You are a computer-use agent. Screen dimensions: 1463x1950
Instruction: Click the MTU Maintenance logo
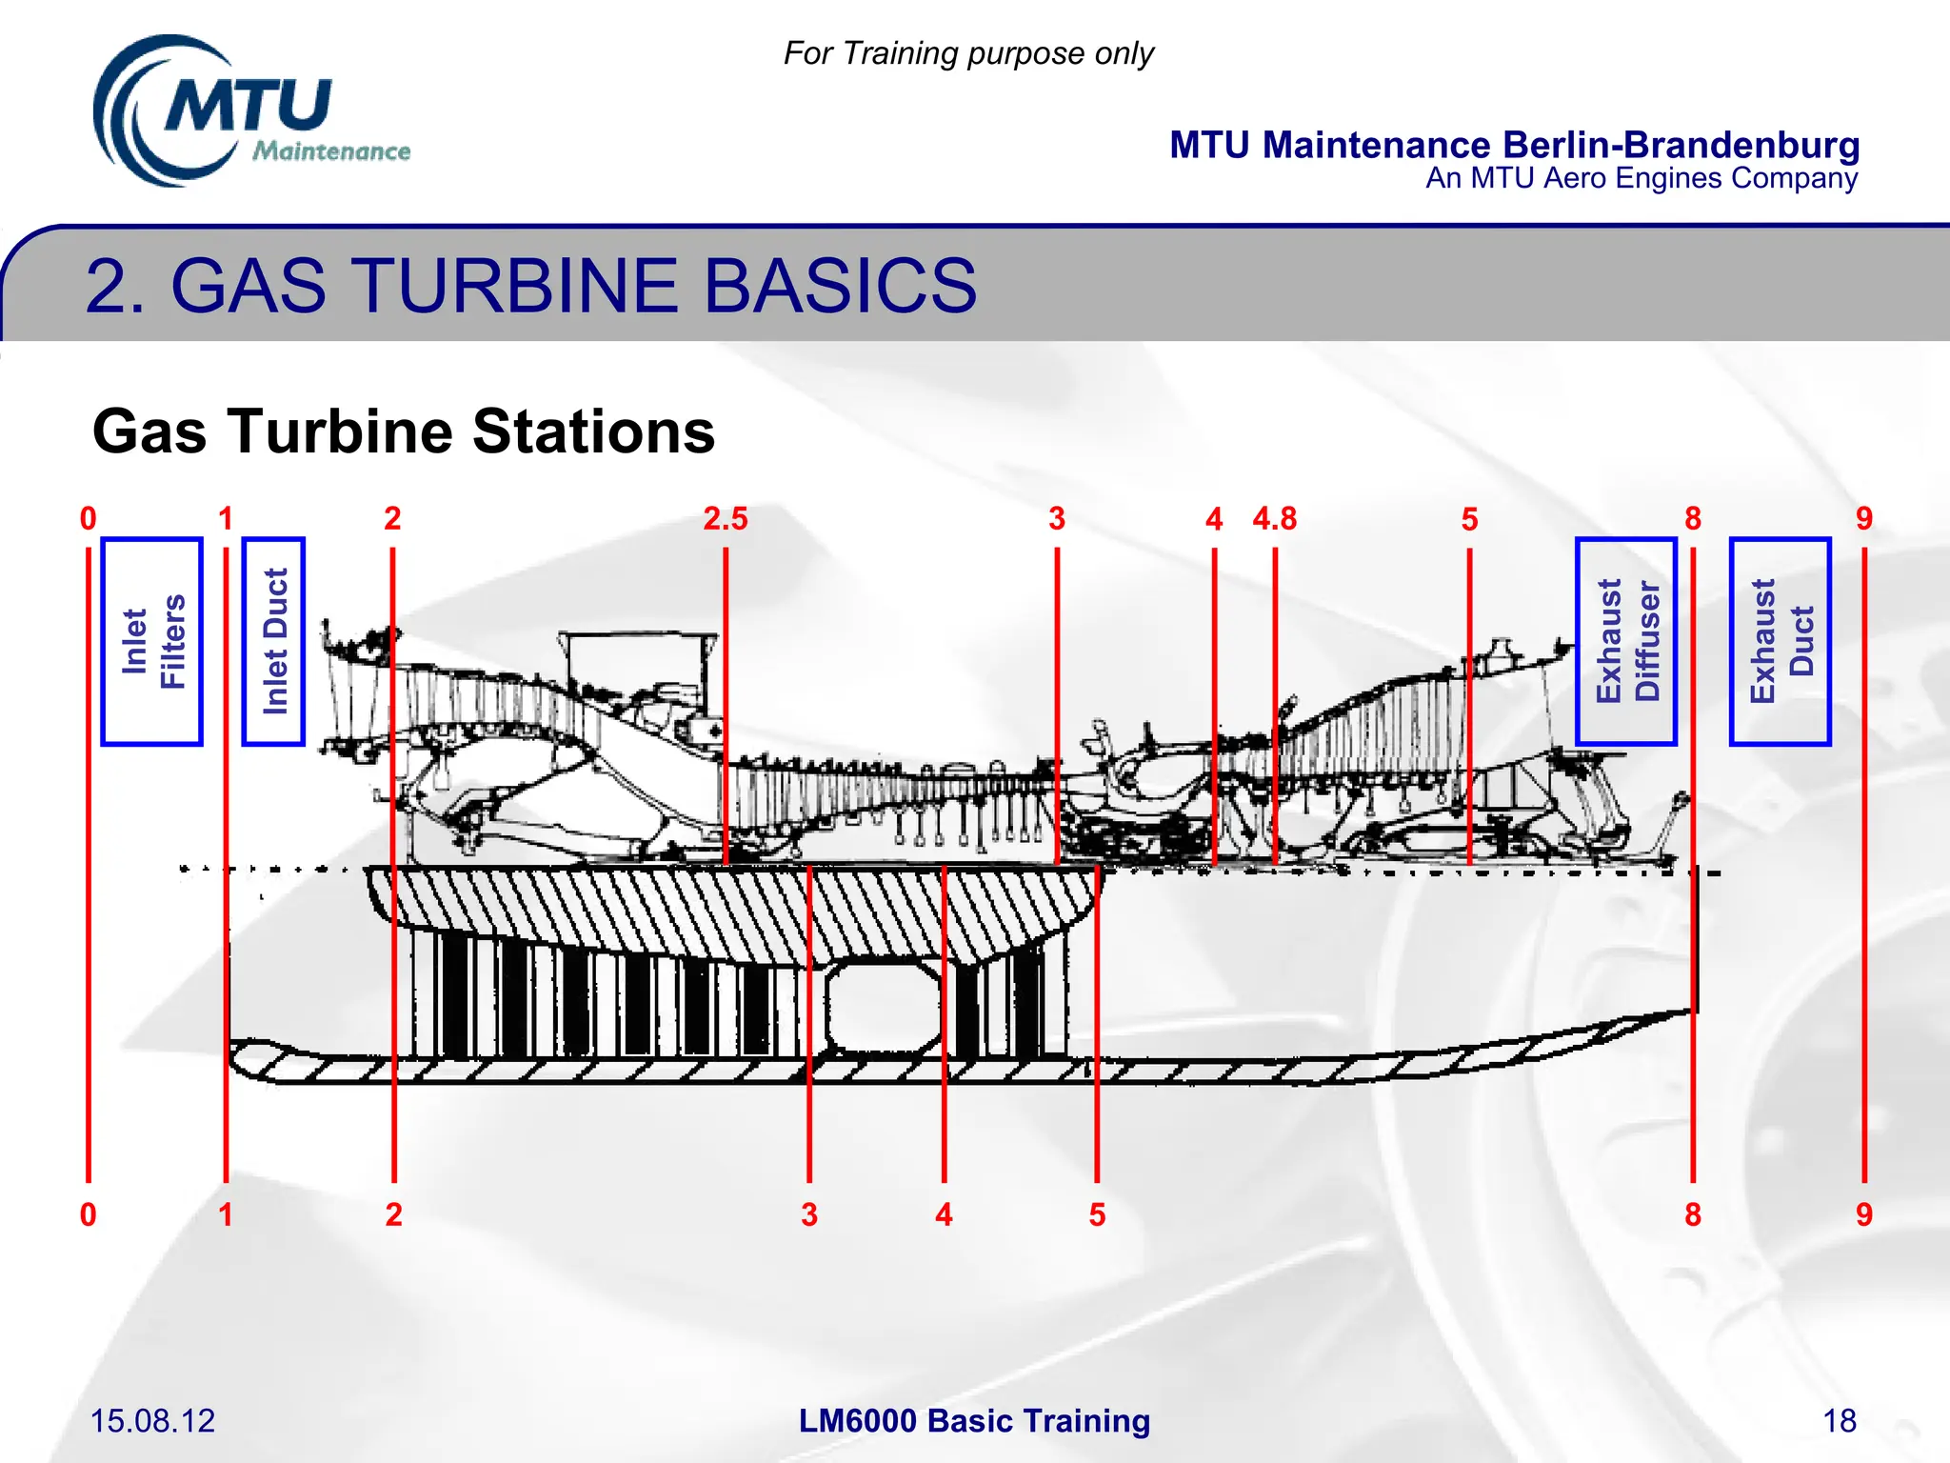pyautogui.click(x=249, y=112)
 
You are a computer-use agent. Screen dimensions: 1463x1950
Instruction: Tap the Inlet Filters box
pyautogui.click(x=152, y=641)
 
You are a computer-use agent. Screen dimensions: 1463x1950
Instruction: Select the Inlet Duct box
pyautogui.click(x=274, y=641)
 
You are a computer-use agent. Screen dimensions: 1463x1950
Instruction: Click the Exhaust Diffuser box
pyautogui.click(x=1626, y=641)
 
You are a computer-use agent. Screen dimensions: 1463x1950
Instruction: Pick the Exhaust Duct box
pyautogui.click(x=1781, y=641)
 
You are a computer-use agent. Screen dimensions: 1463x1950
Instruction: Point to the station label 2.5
pyautogui.click(x=726, y=519)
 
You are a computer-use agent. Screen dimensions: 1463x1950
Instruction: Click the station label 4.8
pyautogui.click(x=1275, y=519)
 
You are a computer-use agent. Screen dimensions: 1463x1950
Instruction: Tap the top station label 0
pyautogui.click(x=89, y=519)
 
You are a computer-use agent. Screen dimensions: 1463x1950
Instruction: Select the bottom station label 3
pyautogui.click(x=809, y=1214)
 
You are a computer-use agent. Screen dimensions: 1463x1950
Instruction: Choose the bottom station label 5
pyautogui.click(x=1098, y=1214)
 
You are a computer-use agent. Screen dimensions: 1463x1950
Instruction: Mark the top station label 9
pyautogui.click(x=1864, y=519)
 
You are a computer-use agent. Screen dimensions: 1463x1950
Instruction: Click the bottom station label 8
pyautogui.click(x=1693, y=1214)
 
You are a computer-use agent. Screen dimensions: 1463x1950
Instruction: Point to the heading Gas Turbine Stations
pyautogui.click(x=404, y=431)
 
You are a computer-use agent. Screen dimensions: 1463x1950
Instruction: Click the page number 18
pyautogui.click(x=1840, y=1421)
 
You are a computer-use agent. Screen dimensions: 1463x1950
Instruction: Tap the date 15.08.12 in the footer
pyautogui.click(x=152, y=1421)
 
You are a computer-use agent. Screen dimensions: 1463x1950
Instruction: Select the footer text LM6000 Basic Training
pyautogui.click(x=974, y=1421)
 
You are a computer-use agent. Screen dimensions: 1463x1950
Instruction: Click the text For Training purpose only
pyautogui.click(x=968, y=53)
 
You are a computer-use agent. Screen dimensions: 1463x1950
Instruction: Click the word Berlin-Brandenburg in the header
pyautogui.click(x=1681, y=145)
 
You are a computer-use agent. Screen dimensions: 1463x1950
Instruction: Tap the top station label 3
pyautogui.click(x=1057, y=519)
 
